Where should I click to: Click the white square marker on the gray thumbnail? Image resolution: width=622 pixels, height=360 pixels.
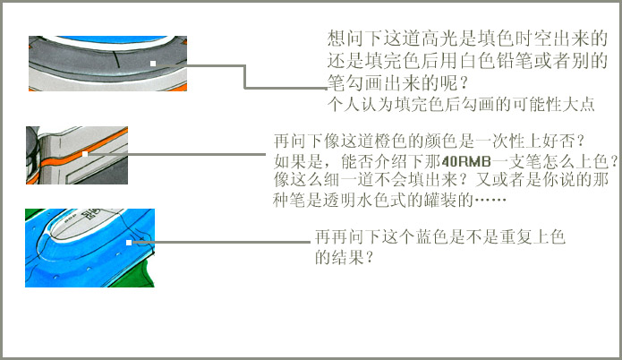[x=153, y=63]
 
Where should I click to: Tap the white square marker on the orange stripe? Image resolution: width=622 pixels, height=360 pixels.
[x=84, y=154]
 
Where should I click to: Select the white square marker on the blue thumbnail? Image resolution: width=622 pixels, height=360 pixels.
[x=130, y=242]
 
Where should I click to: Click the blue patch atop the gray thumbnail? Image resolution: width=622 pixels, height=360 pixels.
[x=107, y=42]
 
